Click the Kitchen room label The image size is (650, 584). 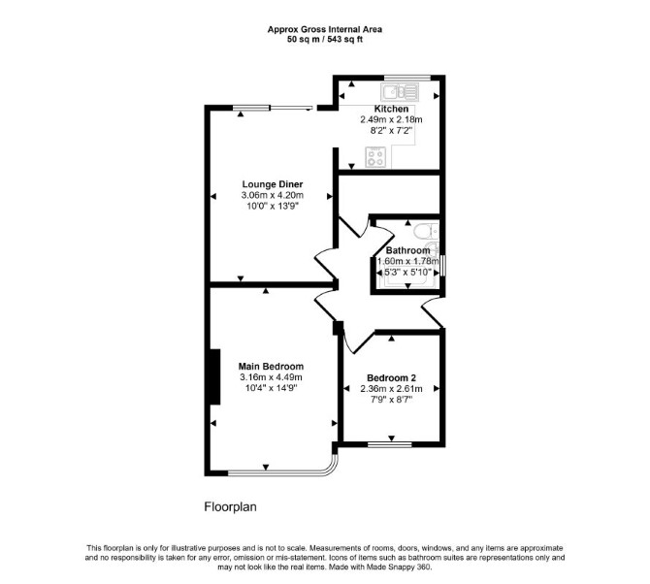391,109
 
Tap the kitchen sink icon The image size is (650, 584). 400,92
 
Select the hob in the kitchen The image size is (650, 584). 375,157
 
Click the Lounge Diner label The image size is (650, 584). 273,184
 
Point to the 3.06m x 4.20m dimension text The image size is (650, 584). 273,195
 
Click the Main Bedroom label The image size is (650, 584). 271,367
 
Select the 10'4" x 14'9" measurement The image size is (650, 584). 271,388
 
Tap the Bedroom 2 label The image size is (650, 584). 391,378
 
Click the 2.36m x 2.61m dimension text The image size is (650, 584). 391,389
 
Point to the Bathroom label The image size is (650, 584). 407,250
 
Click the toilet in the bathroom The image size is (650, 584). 426,231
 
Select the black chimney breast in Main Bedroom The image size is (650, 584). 215,376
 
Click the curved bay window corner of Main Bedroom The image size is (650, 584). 333,467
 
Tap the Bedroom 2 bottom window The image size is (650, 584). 390,444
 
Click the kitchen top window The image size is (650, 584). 407,78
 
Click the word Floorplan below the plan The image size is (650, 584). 230,507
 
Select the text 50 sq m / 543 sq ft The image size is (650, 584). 325,40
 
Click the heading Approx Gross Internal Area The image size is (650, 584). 325,29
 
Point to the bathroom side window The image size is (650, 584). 443,266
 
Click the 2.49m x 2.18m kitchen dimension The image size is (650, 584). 391,119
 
